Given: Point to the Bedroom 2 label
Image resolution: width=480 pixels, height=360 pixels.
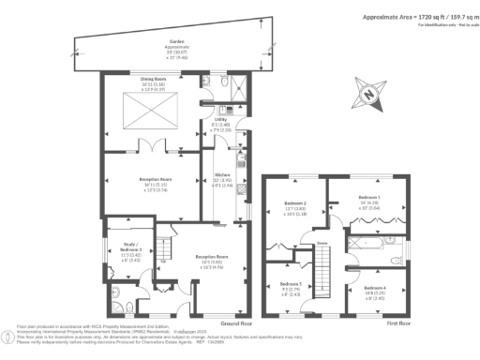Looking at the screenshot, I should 296,209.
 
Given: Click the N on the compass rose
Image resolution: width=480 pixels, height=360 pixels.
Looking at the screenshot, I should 369,92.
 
